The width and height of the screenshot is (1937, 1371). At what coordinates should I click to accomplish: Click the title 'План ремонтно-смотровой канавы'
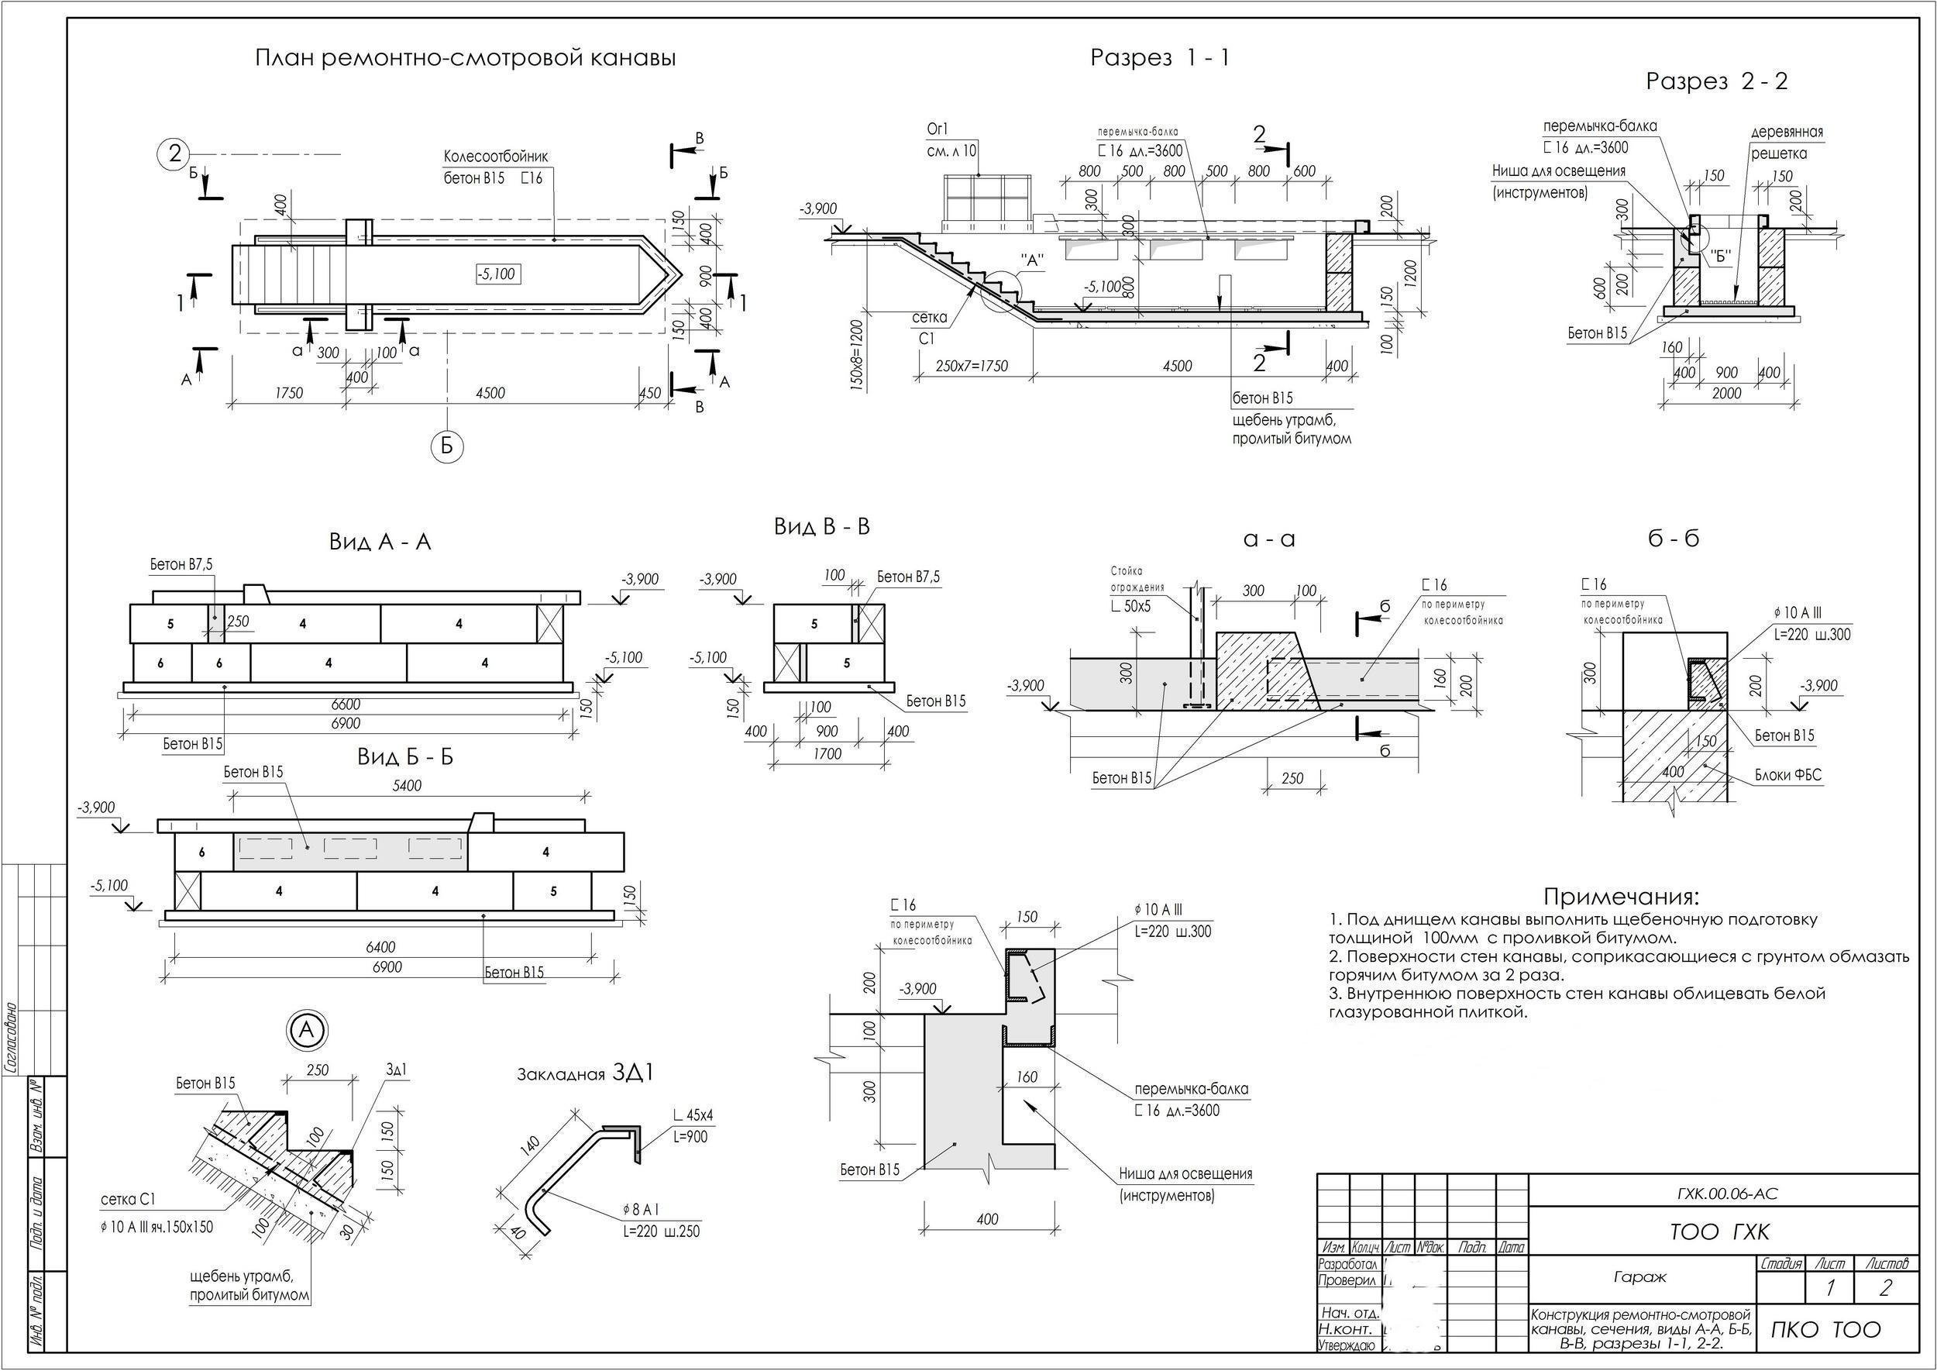465,58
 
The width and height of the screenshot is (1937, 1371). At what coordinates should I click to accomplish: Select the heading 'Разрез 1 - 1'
1160,57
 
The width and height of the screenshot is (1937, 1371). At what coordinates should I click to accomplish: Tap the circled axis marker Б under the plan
447,446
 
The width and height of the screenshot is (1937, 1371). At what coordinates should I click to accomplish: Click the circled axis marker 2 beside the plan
174,153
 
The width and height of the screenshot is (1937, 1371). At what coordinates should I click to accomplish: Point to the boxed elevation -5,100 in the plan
497,274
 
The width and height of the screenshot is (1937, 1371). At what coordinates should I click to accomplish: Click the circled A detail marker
308,1030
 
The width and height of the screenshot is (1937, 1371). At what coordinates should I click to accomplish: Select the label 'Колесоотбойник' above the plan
497,157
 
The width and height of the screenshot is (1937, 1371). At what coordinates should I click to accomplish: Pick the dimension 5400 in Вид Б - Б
407,785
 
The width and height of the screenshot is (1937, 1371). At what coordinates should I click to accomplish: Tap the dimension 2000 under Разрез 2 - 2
1726,394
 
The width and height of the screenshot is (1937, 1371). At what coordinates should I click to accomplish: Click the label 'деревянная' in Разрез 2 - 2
1786,132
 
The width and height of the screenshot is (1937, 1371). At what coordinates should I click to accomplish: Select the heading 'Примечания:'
1621,896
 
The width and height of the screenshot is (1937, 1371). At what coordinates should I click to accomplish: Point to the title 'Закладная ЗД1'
586,1074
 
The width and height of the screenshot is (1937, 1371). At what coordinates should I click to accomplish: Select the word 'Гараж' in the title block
1639,1277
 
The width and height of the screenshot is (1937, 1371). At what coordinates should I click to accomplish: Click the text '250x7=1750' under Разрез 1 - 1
972,366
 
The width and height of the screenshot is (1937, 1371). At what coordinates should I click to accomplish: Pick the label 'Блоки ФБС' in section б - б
1788,775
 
